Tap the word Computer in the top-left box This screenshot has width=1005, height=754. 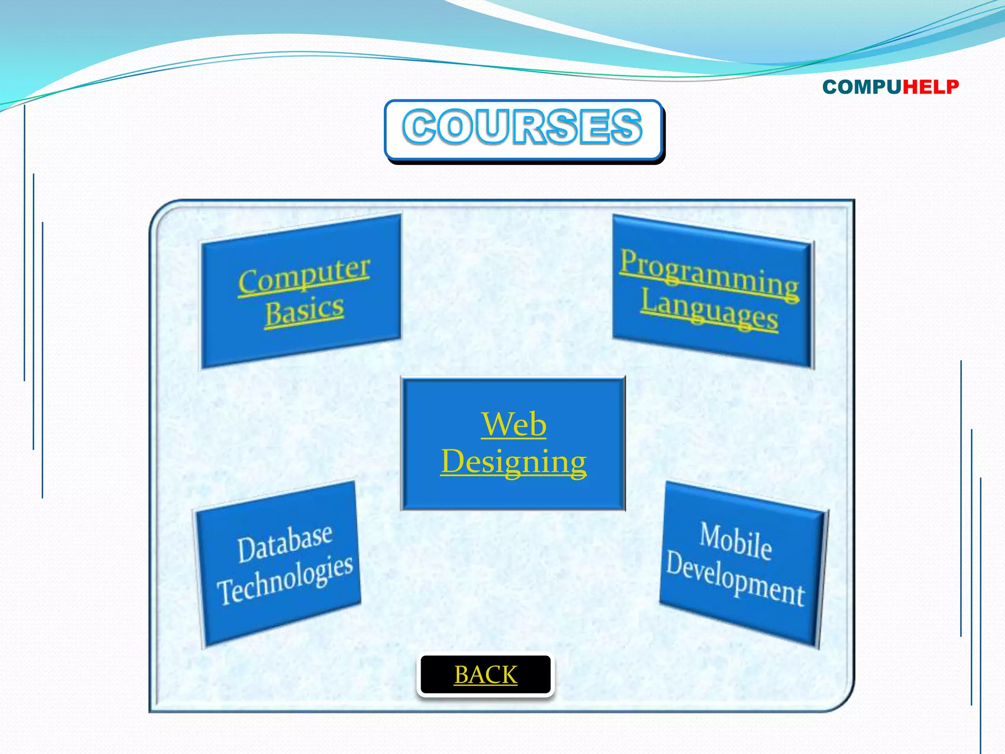pyautogui.click(x=304, y=276)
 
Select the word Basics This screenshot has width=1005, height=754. pyautogui.click(x=304, y=311)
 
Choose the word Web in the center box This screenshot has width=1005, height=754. pyautogui.click(x=513, y=424)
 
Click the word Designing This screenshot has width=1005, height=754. pyautogui.click(x=513, y=461)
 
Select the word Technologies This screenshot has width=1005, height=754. pyautogui.click(x=285, y=579)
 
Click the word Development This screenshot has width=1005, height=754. pyautogui.click(x=735, y=578)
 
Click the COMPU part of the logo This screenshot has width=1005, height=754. pyautogui.click(x=862, y=87)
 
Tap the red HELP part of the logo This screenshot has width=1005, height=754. pyautogui.click(x=930, y=87)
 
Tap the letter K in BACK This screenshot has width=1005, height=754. pyautogui.click(x=508, y=675)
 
